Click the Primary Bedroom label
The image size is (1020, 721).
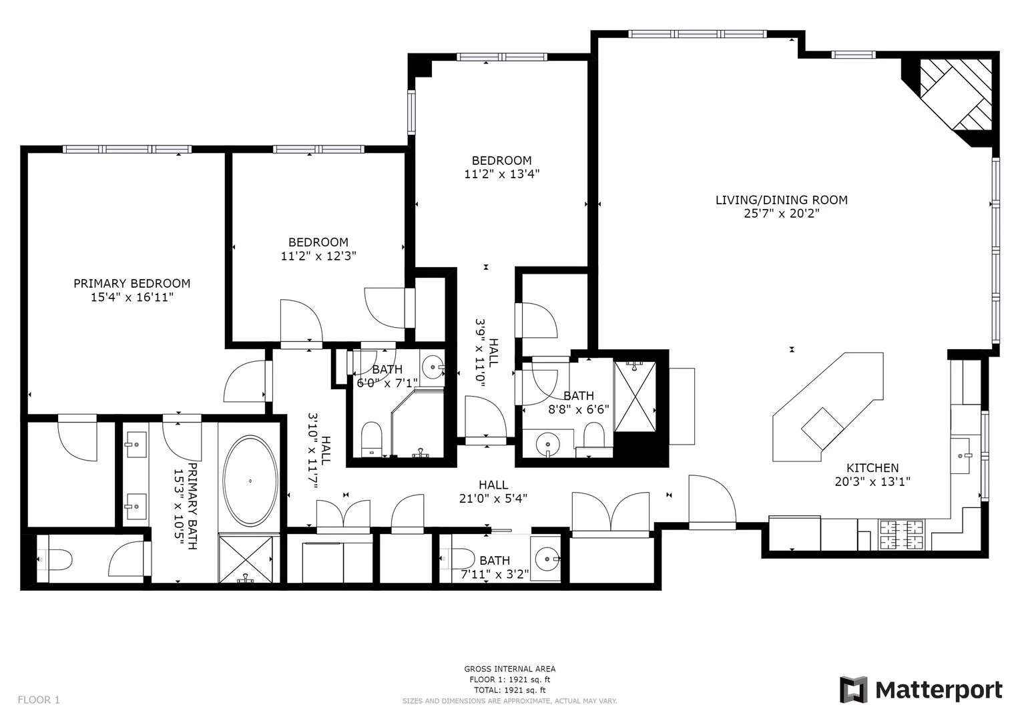[x=132, y=283]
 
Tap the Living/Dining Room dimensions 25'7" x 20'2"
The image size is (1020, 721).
[x=781, y=214]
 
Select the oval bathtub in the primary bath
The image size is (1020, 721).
[x=250, y=481]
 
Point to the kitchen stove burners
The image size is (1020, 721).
[x=902, y=535]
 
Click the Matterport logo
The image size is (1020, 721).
[x=921, y=690]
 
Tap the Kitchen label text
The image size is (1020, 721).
[x=872, y=468]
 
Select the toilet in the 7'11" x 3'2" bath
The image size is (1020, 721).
[x=461, y=558]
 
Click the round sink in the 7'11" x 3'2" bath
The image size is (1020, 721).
[x=548, y=555]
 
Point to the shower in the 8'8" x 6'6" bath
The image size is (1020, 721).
[x=635, y=395]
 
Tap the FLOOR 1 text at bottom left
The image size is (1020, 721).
[x=39, y=700]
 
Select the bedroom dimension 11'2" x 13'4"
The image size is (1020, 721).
[x=501, y=174]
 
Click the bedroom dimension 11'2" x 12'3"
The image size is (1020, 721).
[x=318, y=256]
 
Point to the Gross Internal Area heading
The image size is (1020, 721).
[x=509, y=669]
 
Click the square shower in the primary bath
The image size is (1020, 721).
[x=246, y=558]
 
